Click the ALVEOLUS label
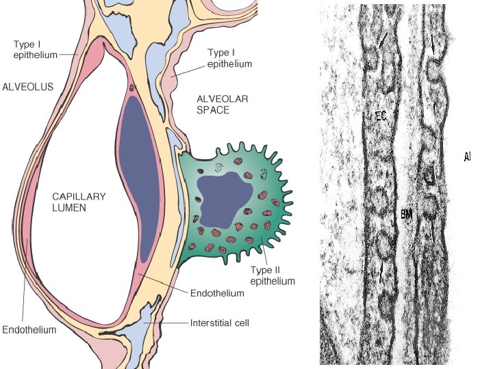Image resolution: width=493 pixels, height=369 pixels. pyautogui.click(x=27, y=87)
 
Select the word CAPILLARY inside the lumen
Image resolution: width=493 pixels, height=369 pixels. pyautogui.click(x=79, y=197)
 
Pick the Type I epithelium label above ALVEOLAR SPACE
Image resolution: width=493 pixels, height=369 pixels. pyautogui.click(x=229, y=59)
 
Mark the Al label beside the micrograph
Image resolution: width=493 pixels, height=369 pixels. pyautogui.click(x=467, y=157)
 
